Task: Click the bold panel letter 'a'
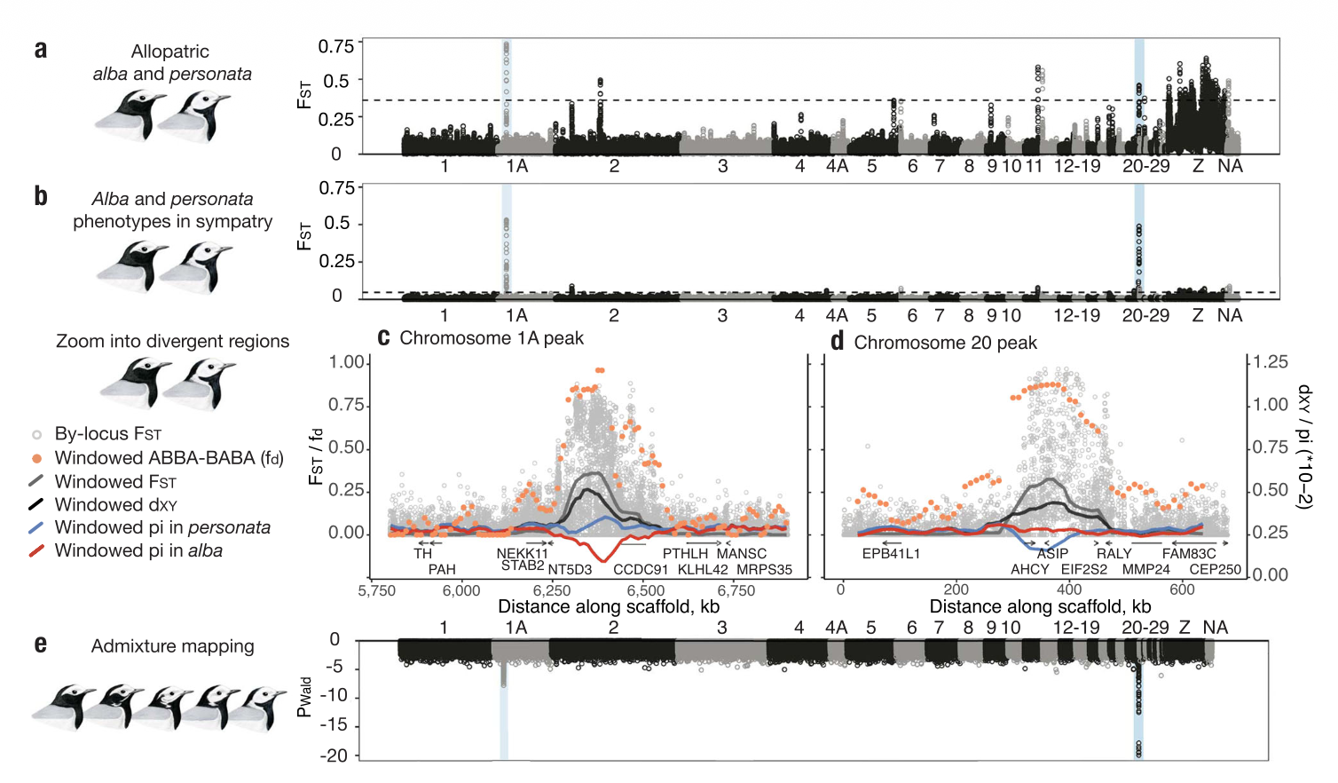41,51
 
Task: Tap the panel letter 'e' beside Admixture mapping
41,645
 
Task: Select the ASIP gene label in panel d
1052,553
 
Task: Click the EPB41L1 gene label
891,553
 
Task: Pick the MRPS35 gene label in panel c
764,569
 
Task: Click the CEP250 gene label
1215,569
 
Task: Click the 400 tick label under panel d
1068,589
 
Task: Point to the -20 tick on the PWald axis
334,755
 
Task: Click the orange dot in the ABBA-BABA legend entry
37,458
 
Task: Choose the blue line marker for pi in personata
36,528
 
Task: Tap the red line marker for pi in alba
36,550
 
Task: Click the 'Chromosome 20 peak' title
945,343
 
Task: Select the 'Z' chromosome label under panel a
1198,165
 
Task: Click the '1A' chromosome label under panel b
516,315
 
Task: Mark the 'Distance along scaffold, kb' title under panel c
609,606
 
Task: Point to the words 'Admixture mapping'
173,646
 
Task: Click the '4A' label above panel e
836,627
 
